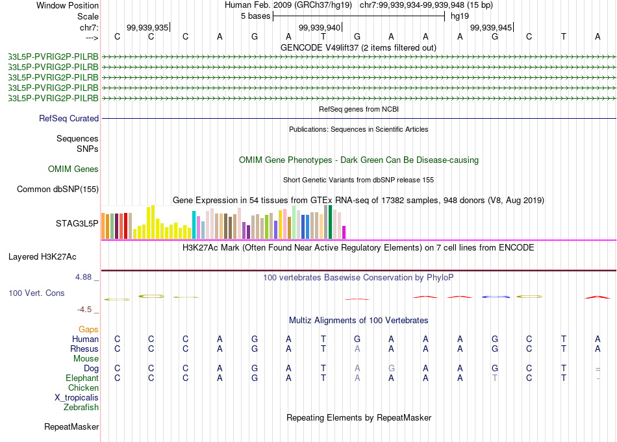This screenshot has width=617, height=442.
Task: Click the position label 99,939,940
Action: [x=319, y=27]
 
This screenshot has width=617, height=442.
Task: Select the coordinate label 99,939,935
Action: [x=147, y=27]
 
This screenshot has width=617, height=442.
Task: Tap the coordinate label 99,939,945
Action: [x=490, y=27]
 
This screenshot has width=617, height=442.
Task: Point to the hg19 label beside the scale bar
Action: [x=460, y=16]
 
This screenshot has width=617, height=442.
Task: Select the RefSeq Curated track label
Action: [x=69, y=119]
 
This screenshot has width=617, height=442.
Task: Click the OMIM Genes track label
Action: [x=73, y=169]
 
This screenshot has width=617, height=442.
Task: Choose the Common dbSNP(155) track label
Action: [x=58, y=190]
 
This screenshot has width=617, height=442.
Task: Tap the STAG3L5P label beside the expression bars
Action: [x=77, y=224]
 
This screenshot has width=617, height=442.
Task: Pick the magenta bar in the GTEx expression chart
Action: [x=344, y=232]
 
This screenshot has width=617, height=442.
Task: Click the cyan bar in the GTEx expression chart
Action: [x=194, y=225]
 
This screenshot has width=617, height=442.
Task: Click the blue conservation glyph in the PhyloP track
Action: [x=496, y=297]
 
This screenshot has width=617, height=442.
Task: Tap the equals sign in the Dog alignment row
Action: [x=598, y=369]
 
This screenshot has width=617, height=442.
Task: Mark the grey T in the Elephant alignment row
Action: [x=495, y=378]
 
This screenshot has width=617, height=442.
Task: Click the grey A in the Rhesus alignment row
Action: [x=357, y=349]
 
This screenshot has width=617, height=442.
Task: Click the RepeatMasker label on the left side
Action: [x=71, y=427]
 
